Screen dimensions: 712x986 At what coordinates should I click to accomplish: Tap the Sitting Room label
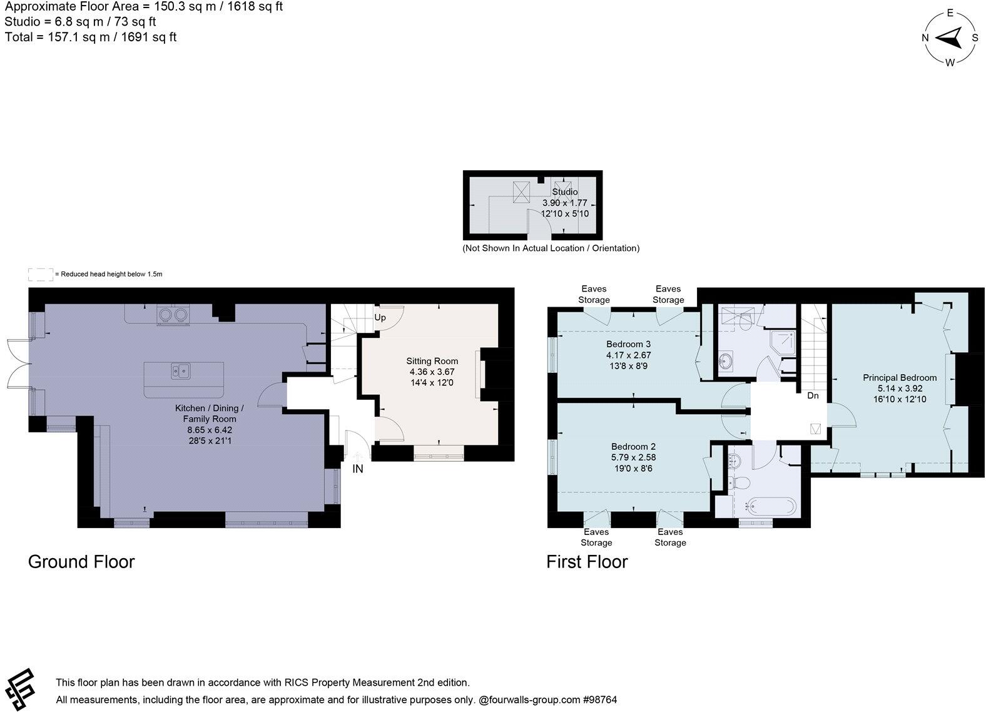432,361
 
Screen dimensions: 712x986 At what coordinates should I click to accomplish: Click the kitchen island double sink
181,372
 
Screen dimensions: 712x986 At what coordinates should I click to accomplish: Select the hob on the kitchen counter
172,313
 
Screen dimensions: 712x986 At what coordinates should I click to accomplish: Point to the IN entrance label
357,469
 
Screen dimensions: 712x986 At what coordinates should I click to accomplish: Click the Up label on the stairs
380,317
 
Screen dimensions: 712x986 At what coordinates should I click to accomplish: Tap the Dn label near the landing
813,395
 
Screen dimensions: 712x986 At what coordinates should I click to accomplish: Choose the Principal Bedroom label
899,377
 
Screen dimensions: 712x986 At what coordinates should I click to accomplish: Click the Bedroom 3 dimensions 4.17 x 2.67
628,355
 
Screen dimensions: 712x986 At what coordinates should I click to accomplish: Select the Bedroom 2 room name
633,446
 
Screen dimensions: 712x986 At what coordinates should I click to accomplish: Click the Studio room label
564,191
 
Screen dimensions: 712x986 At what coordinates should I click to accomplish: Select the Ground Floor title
81,561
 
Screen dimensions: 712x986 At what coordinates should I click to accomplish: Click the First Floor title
586,561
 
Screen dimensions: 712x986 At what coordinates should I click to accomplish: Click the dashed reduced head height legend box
40,274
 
